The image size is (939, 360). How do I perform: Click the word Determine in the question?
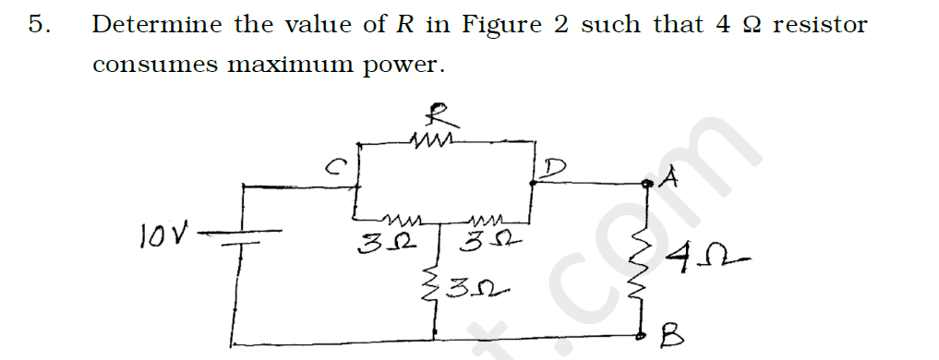coord(155,25)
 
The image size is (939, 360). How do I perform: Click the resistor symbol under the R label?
coord(431,141)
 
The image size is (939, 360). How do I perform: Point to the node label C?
coord(338,166)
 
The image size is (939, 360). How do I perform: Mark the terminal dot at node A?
coord(647,185)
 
